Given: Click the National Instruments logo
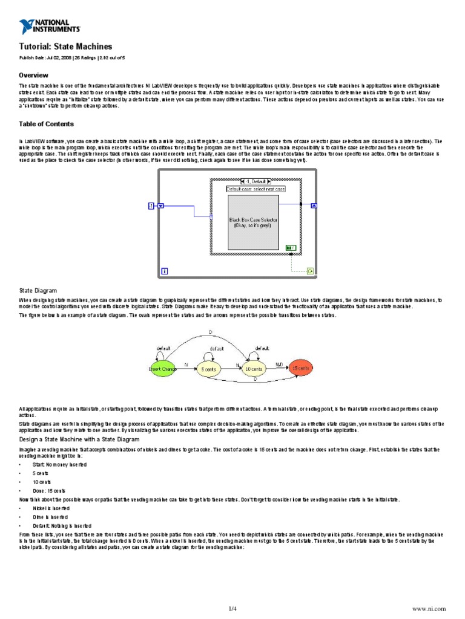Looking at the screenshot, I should [50, 27].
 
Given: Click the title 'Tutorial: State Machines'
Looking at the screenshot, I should [65, 47].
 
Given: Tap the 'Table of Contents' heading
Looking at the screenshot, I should [47, 124].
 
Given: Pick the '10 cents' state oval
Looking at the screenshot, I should [254, 368].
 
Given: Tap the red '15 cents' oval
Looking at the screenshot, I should [300, 368].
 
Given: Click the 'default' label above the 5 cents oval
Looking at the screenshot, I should [217, 349].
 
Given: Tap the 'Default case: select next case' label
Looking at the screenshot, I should [256, 189].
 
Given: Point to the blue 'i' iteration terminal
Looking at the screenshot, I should [165, 270].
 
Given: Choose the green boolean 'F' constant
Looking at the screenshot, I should [290, 247].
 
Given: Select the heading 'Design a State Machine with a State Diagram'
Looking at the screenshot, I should [79, 439].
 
